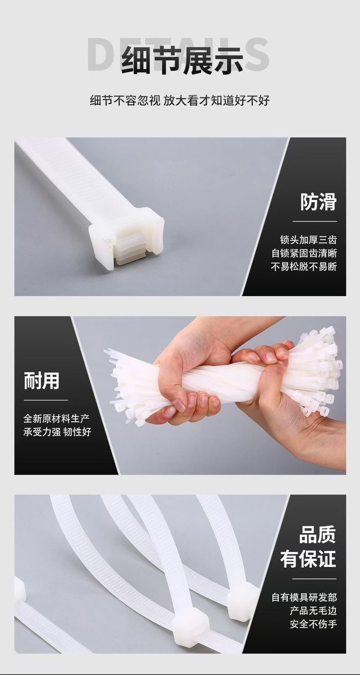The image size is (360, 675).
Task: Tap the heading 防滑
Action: pos(318,202)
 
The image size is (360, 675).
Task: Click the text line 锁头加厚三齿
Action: pos(308,240)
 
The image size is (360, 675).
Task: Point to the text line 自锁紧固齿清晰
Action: pos(304,253)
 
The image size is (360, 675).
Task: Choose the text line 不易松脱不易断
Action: pos(304,266)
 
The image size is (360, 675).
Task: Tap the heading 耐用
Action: pos(41,381)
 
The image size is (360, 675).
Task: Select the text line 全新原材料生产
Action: pos(56,418)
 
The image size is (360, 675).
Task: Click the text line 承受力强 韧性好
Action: pos(57,432)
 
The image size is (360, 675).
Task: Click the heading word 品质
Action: pos(318,535)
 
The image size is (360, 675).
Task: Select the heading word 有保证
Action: pos(308,559)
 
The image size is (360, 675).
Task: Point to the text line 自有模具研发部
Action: pos(304,597)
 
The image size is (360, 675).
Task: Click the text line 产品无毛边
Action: pos(313,611)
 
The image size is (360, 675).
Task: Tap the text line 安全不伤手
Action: pos(313,624)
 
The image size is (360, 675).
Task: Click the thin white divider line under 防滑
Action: pos(315,221)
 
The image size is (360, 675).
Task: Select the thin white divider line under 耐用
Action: pos(46,400)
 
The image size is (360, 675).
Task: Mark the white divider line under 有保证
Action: pos(314,579)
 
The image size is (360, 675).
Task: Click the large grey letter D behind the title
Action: pos(103,55)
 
